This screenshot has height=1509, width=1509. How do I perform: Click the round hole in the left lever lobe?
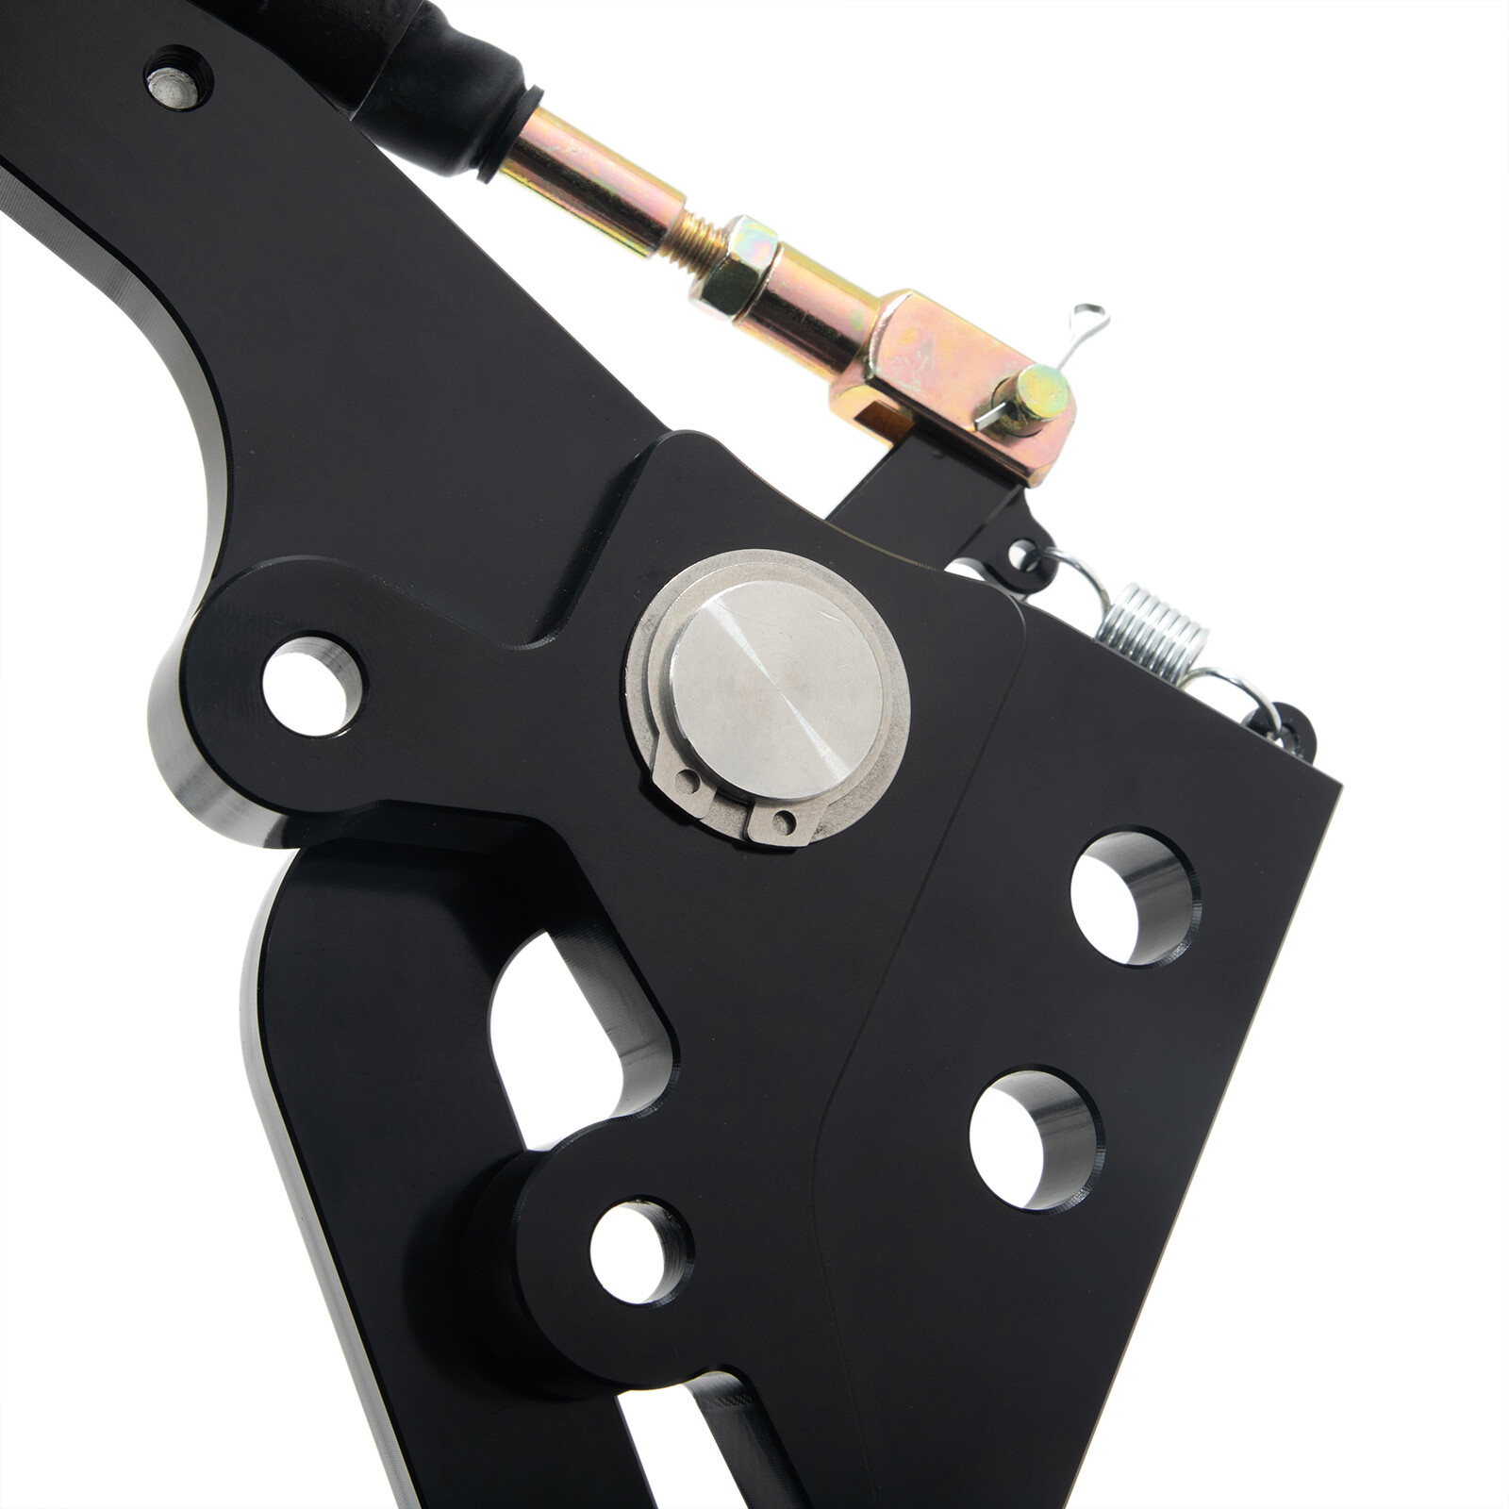[x=310, y=686]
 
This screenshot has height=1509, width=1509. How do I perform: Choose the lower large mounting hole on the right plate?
[x=1032, y=1138]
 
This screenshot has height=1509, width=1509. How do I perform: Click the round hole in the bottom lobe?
[x=638, y=1251]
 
